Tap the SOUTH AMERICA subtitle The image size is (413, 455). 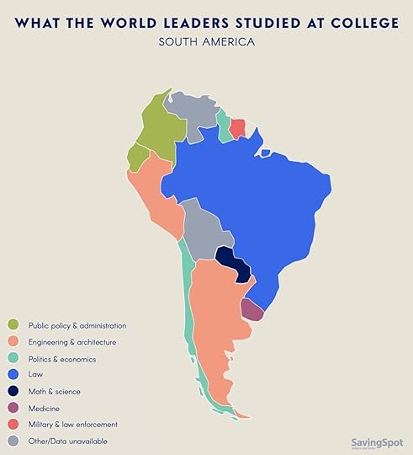pyautogui.click(x=206, y=40)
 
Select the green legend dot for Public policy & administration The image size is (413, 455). pyautogui.click(x=13, y=325)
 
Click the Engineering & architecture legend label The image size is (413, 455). pyautogui.click(x=71, y=342)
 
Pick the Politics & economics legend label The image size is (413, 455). pyautogui.click(x=62, y=358)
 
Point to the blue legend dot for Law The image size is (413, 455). pyautogui.click(x=13, y=374)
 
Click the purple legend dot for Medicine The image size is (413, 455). pyautogui.click(x=13, y=407)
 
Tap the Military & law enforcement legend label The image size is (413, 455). pyautogui.click(x=72, y=424)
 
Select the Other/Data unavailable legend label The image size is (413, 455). pyautogui.click(x=68, y=440)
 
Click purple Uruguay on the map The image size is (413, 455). pyautogui.click(x=252, y=308)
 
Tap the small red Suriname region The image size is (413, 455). pyautogui.click(x=237, y=128)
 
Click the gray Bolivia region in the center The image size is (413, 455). pyautogui.click(x=202, y=229)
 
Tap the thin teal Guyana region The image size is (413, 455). pyautogui.click(x=224, y=126)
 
